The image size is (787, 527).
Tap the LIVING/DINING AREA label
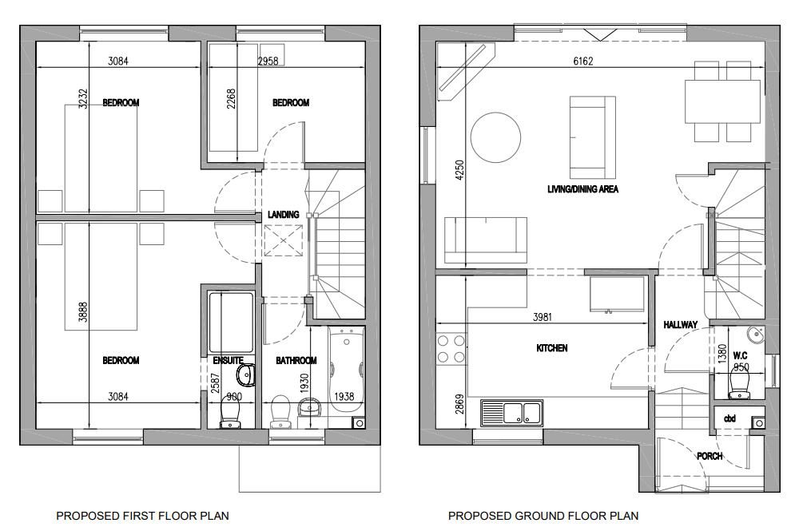click(582, 190)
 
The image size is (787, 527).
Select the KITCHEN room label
click(551, 348)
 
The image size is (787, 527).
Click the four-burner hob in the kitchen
click(449, 349)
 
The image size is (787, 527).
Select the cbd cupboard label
click(729, 418)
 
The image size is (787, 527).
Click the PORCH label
click(709, 456)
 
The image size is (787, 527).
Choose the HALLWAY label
click(680, 325)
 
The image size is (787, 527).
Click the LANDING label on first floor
click(283, 215)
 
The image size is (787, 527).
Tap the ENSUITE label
click(228, 360)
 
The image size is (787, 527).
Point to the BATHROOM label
click(296, 361)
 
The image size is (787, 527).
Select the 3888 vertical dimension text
click(83, 307)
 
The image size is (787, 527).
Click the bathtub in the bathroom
click(347, 367)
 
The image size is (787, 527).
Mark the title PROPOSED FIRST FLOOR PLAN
click(136, 516)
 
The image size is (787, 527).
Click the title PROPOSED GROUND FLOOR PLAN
click(543, 516)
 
